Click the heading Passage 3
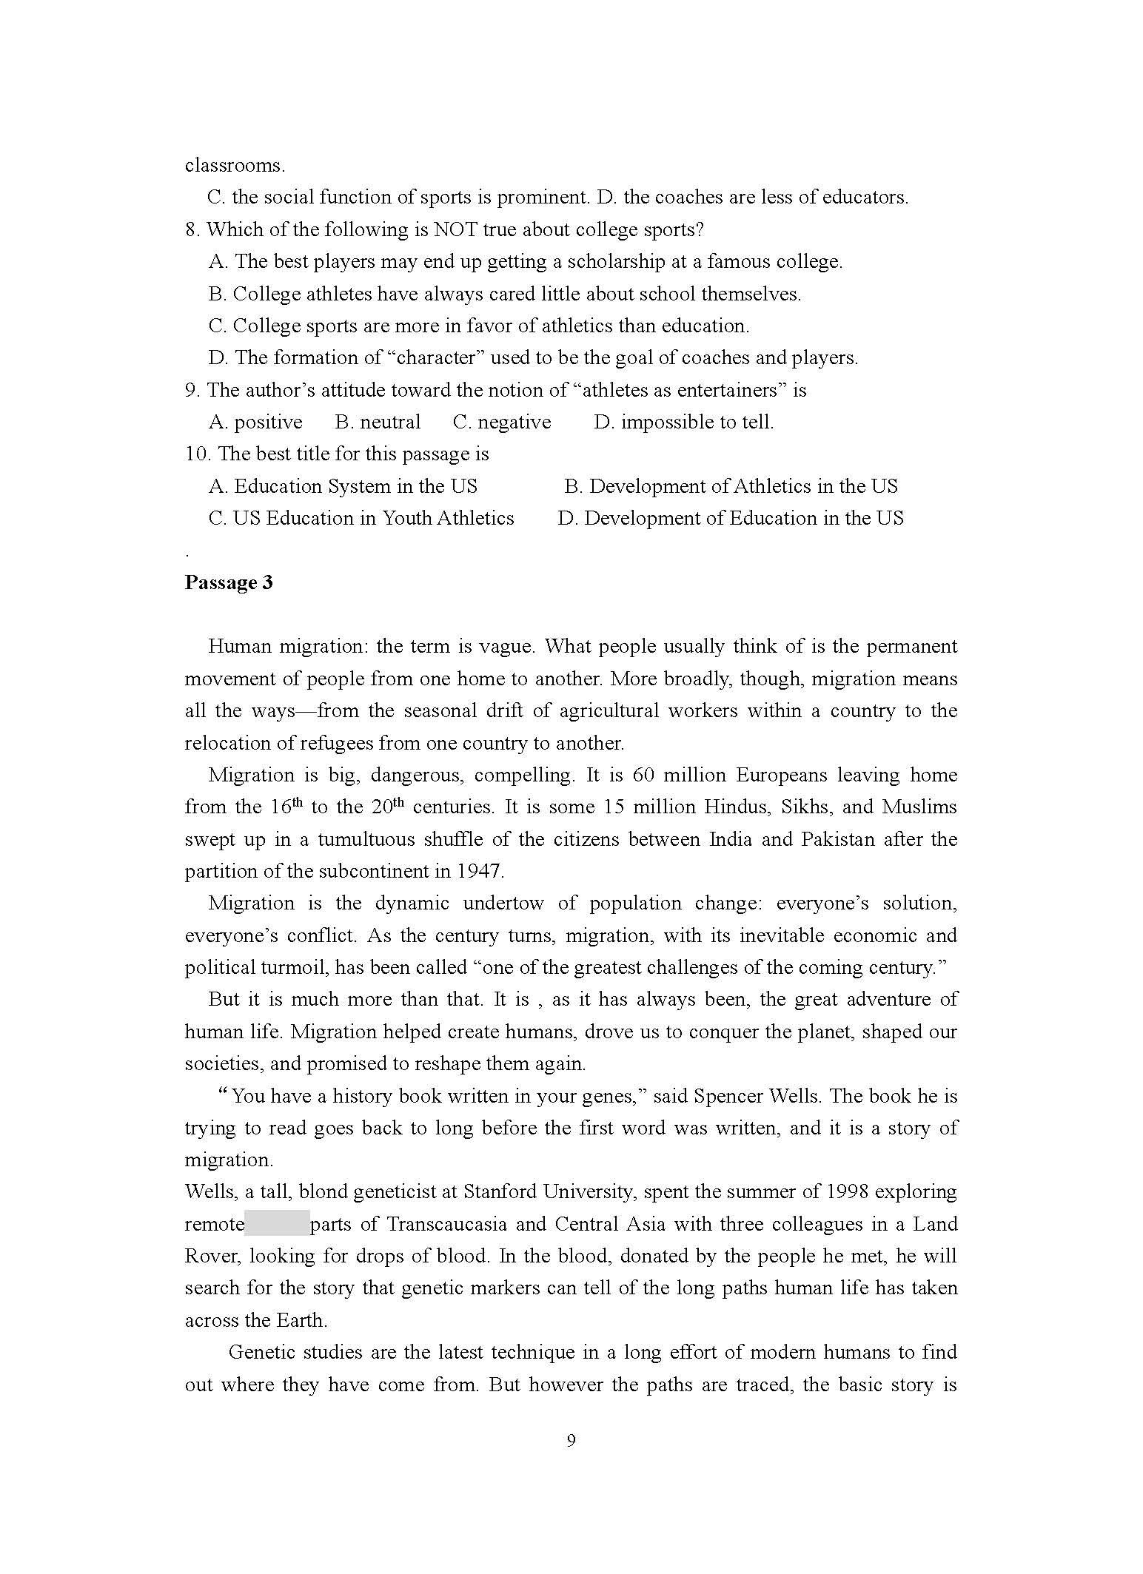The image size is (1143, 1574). [x=229, y=582]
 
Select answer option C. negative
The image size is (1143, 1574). [x=502, y=422]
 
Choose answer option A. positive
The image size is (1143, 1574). [x=255, y=422]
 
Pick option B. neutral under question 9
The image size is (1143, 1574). [x=378, y=422]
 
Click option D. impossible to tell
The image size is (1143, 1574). [x=683, y=422]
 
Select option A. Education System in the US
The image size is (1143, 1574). [x=343, y=486]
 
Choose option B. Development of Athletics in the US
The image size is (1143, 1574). [x=731, y=486]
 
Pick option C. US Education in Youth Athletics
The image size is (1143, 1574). [x=361, y=518]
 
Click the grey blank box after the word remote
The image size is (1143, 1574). [x=277, y=1223]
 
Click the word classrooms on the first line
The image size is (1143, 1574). [x=234, y=165]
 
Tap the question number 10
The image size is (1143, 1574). [x=197, y=454]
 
